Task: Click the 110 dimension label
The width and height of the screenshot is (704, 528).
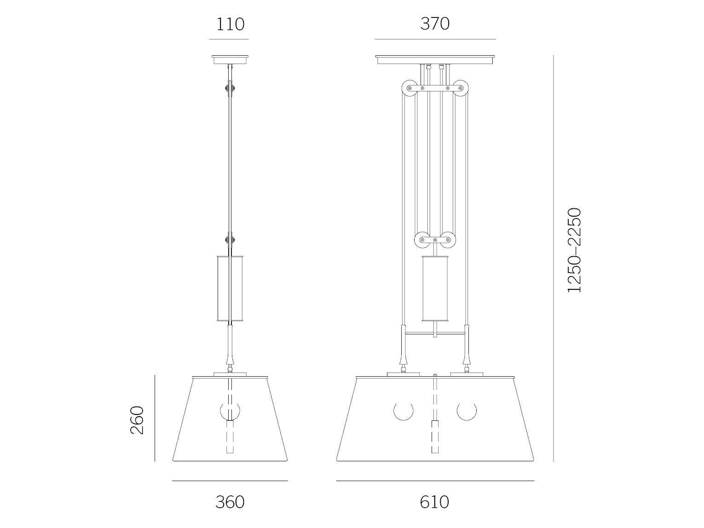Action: pos(230,24)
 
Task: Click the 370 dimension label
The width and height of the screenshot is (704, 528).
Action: pos(435,24)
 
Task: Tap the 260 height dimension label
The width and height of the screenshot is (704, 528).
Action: pos(137,420)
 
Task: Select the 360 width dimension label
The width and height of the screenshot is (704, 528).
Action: pos(230,503)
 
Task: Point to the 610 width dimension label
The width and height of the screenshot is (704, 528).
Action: pos(434,503)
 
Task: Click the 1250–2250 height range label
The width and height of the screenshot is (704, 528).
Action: pos(574,250)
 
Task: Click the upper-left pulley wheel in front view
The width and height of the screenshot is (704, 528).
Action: pos(409,88)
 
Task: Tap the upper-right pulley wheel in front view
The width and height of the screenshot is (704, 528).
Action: pos(460,88)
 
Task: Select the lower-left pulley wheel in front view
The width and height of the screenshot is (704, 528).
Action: pos(422,240)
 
